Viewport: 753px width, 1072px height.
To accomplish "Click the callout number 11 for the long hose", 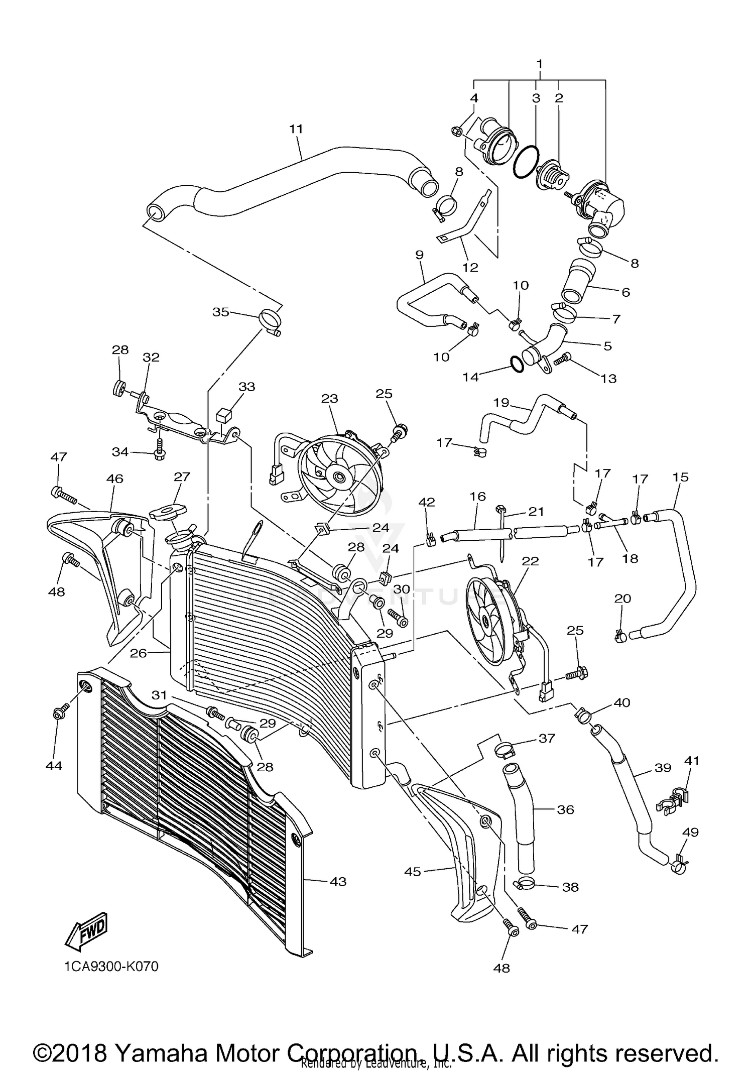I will pyautogui.click(x=296, y=129).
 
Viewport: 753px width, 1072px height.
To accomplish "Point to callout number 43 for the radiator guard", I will pyautogui.click(x=338, y=881).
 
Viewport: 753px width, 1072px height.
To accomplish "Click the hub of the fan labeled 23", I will pyautogui.click(x=335, y=475).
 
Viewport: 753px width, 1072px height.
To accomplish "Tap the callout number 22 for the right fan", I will pyautogui.click(x=530, y=561).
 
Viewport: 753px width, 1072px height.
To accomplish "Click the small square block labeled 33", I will pyautogui.click(x=223, y=415).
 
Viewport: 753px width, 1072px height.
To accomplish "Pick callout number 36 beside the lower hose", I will pyautogui.click(x=565, y=809).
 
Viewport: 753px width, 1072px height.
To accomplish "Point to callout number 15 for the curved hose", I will pyautogui.click(x=681, y=477).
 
